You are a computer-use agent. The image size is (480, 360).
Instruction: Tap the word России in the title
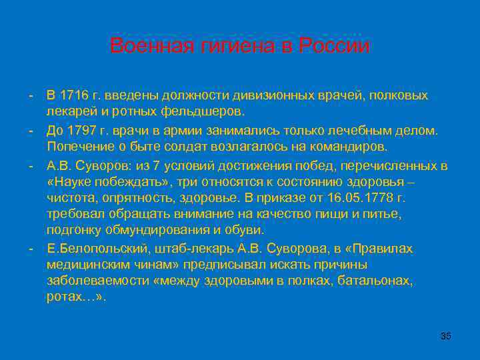[x=334, y=46]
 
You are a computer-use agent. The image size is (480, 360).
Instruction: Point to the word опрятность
[x=137, y=198]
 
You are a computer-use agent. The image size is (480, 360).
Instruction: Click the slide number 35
[x=446, y=336]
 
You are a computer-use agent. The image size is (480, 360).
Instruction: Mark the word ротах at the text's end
[x=63, y=297]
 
